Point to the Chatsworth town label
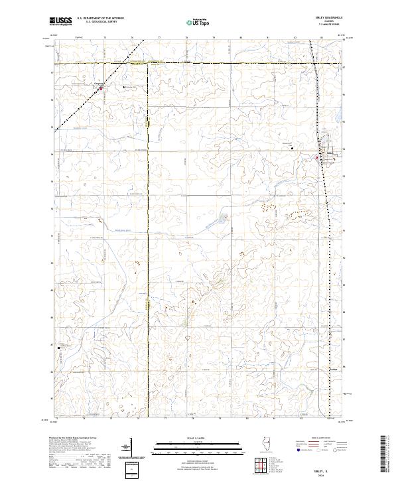pos(99,83)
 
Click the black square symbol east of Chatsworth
pos(123,86)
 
